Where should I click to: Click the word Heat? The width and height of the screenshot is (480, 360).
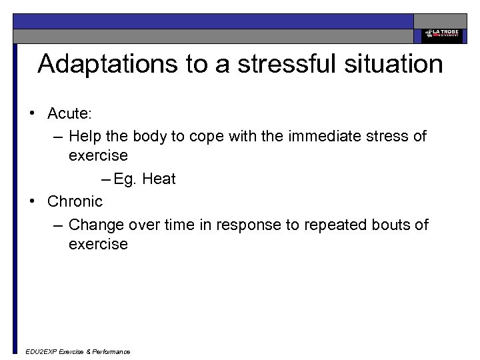point(159,179)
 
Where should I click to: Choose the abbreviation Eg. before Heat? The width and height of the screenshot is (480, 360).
point(124,179)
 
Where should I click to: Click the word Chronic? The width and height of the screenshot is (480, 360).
point(75,201)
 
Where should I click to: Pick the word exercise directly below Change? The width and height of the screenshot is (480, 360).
point(98,244)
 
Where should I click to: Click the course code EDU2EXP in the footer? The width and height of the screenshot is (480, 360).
point(40,351)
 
